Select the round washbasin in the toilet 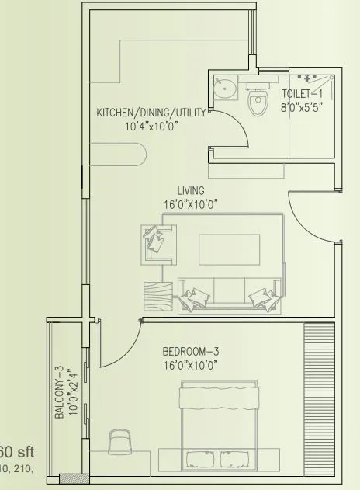pyautogui.click(x=224, y=89)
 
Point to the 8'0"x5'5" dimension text pyautogui.click(x=301, y=108)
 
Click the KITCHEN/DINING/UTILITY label pyautogui.click(x=151, y=113)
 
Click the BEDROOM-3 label pyautogui.click(x=192, y=350)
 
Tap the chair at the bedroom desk pyautogui.click(x=120, y=443)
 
